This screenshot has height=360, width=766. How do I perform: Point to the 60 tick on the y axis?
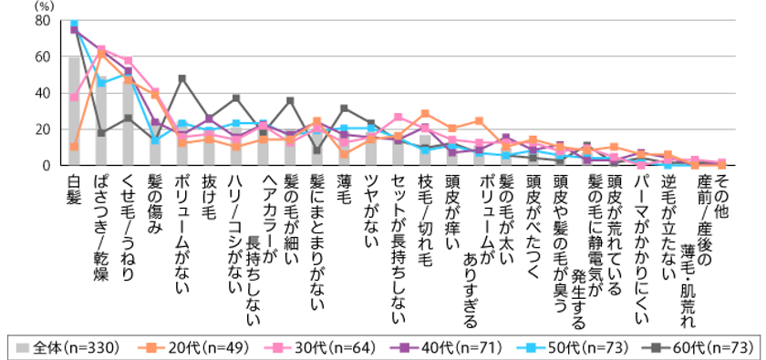[x=42, y=57]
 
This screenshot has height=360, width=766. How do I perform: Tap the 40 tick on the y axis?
[x=42, y=93]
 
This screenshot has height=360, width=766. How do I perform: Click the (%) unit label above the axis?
[x=44, y=5]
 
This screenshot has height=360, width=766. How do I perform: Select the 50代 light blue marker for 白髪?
[x=74, y=24]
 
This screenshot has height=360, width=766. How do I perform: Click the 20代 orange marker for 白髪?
[x=74, y=146]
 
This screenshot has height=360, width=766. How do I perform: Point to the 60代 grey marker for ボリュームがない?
[x=181, y=78]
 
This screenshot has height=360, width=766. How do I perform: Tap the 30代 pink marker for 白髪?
[x=74, y=97]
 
